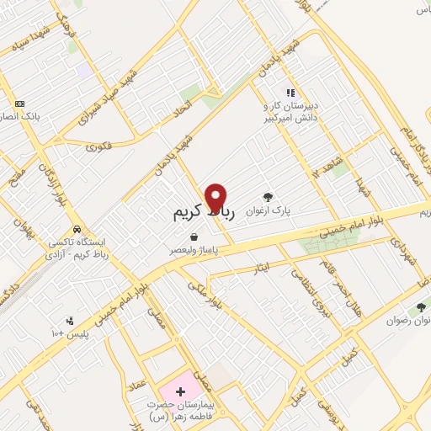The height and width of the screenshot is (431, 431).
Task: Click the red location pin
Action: pos(217,197)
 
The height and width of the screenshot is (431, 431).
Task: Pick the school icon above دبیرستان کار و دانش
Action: pos(290,93)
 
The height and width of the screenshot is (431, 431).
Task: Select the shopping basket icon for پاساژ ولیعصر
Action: pos(194,237)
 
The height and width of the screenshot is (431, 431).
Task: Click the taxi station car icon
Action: pos(77,228)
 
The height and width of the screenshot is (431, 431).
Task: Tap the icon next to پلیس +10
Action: pos(70,321)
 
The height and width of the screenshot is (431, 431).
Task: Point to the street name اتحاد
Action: pos(182,108)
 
